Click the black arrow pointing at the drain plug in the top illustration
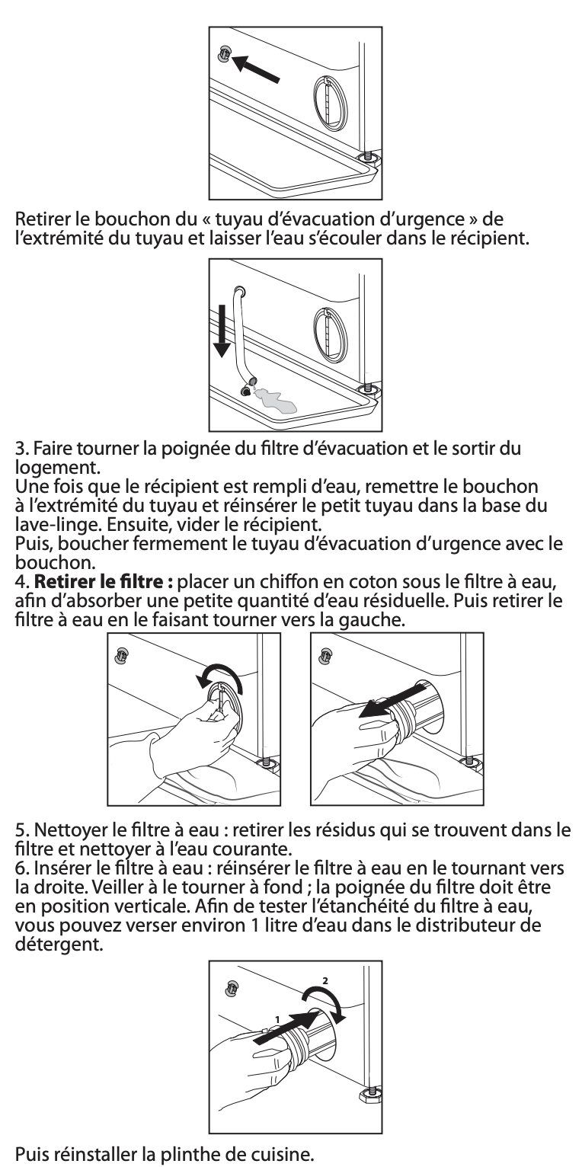(x=255, y=69)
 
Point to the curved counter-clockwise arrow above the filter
(x=219, y=676)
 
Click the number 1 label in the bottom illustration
(x=277, y=1019)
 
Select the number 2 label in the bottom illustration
(x=325, y=980)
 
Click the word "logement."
(x=57, y=468)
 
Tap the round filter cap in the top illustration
(x=329, y=101)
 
